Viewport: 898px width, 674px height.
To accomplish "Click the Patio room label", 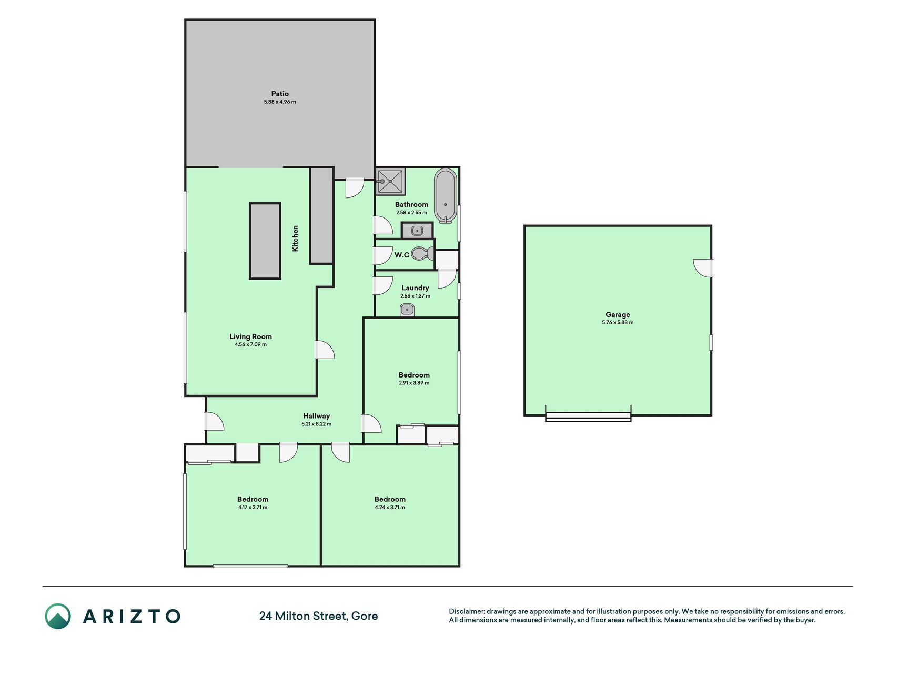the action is [x=280, y=94].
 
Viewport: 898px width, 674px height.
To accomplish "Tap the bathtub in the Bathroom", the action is [x=446, y=195].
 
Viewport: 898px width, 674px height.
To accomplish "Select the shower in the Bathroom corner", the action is [x=390, y=181].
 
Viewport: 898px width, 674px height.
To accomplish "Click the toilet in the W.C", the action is [x=422, y=254].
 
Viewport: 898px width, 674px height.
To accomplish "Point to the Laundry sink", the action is [x=407, y=310].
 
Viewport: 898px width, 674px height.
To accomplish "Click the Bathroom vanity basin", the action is [x=417, y=231].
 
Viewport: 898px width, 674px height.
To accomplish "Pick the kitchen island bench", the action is [x=265, y=241].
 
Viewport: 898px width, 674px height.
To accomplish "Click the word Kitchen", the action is [x=295, y=238].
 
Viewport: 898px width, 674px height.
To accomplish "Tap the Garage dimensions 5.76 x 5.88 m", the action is [x=618, y=322].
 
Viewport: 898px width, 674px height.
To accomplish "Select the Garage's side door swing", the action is [x=703, y=267].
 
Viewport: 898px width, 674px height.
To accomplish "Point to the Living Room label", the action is [x=250, y=336].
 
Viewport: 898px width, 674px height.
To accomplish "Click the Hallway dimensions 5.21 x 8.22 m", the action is [x=316, y=424].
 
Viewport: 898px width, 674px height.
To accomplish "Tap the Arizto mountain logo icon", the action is [x=58, y=616].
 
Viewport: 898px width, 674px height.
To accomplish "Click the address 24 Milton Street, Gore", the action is [x=318, y=616].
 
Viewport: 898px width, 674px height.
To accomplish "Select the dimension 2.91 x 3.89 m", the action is [x=414, y=383].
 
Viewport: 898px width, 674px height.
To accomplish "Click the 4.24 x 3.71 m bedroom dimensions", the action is [x=390, y=507].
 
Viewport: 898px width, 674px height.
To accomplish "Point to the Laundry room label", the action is [x=415, y=288].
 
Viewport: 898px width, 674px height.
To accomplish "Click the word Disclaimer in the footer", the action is [x=467, y=611].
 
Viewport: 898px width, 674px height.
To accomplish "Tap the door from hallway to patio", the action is [x=355, y=189].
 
